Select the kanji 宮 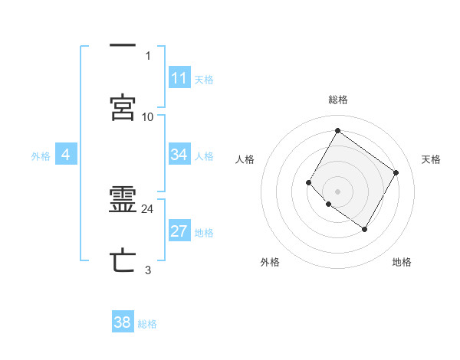coord(123,108)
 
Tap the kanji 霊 coord(123,201)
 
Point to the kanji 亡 coord(123,261)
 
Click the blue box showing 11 coord(179,78)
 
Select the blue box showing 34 coord(179,155)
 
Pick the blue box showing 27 coord(179,232)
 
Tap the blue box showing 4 coord(66,155)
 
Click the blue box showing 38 coord(123,322)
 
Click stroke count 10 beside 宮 coord(148,116)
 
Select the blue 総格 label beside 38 coord(147,323)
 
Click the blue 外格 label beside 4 coord(41,155)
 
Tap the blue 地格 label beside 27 coord(204,233)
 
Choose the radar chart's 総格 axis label coord(337,100)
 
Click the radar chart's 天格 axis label coord(431,159)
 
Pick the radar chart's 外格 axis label coord(270,262)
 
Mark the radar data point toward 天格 coord(396,172)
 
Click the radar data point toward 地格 coord(364,229)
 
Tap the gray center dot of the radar coord(337,191)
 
